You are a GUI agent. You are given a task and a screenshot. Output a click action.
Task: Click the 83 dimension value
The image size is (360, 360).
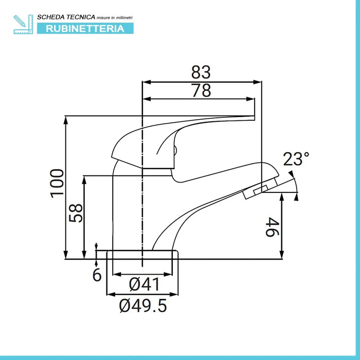[x=202, y=71]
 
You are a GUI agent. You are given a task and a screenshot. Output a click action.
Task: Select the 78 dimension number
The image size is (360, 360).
[x=202, y=91]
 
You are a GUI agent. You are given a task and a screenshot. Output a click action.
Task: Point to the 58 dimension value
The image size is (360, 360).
[x=76, y=212]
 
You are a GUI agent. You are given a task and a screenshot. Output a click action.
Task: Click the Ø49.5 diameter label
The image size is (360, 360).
[x=143, y=306]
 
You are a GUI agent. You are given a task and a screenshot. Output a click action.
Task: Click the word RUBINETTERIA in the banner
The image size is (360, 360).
[x=85, y=28]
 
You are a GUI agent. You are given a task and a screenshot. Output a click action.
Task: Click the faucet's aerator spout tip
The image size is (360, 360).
[x=254, y=192]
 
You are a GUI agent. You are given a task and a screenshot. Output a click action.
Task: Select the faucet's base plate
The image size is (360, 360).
[x=142, y=254]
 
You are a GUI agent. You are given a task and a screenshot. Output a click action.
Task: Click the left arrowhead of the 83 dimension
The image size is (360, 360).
[x=145, y=81]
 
